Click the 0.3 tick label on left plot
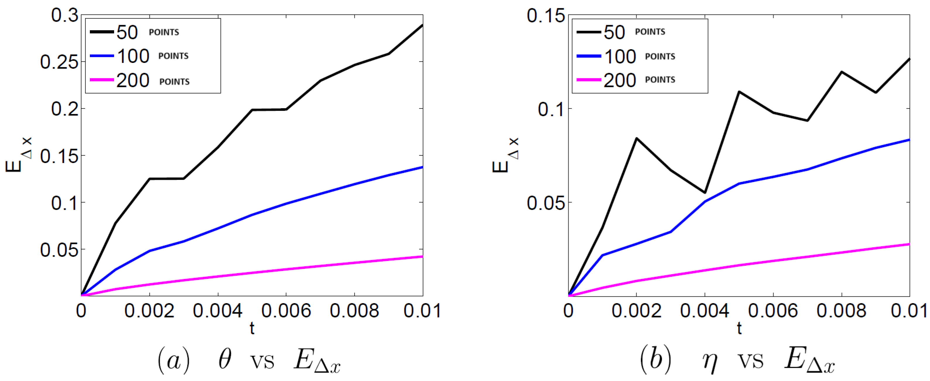65,16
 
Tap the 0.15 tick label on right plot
545,16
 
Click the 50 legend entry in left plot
127,32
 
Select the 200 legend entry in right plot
620,80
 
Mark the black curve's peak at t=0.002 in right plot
636,138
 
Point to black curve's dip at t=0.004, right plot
705,192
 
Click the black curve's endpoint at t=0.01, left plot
422,25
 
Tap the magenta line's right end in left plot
422,256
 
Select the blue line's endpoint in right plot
909,140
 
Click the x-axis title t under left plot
252,329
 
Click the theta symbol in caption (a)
225,360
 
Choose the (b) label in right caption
655,360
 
